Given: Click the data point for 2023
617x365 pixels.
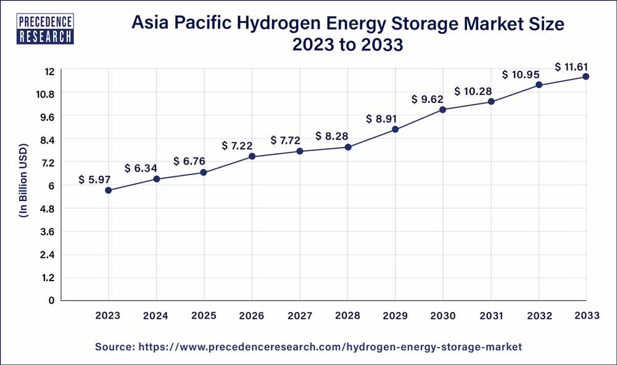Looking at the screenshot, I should (x=109, y=191).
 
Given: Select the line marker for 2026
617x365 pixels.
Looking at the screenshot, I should (x=252, y=157).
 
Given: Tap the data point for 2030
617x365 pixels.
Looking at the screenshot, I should (x=443, y=110).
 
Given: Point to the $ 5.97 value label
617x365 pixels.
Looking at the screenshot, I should (x=94, y=180).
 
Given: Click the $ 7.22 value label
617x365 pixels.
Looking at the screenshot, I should (x=238, y=146).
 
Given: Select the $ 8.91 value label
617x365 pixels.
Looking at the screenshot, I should (x=381, y=119).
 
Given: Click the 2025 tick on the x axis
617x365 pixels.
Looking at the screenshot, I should (x=204, y=316).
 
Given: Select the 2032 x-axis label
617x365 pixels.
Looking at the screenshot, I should (x=539, y=316).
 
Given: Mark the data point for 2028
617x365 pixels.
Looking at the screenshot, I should (x=348, y=147).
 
